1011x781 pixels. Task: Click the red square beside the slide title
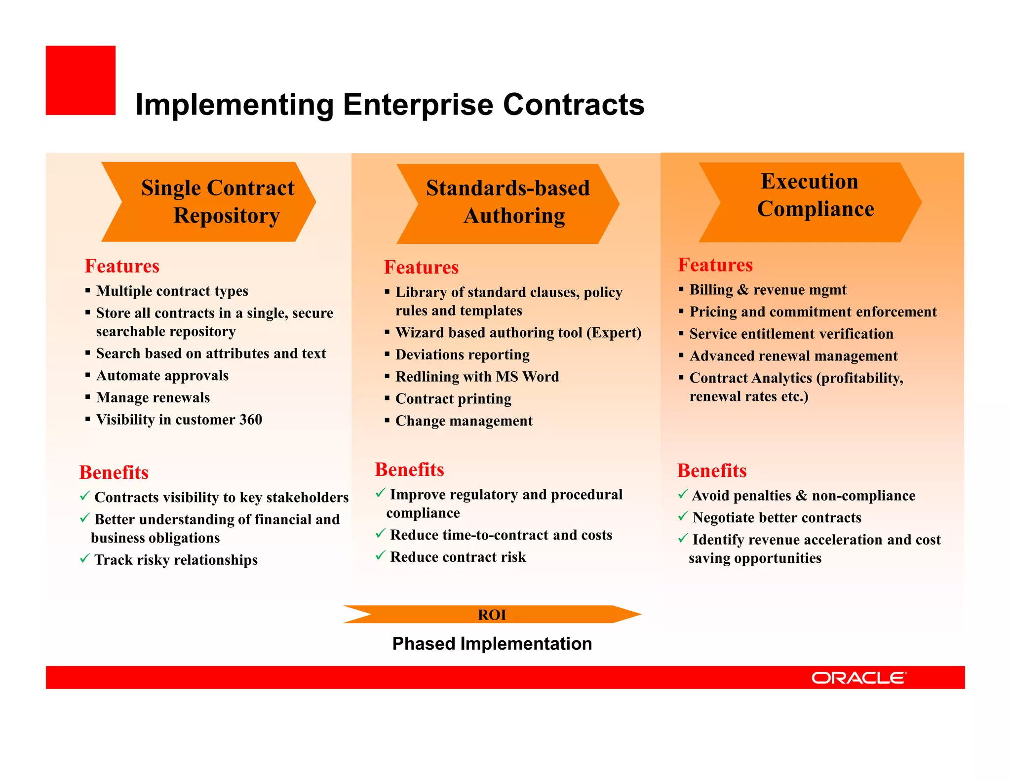pyautogui.click(x=80, y=80)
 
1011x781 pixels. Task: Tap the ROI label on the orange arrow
pyautogui.click(x=492, y=615)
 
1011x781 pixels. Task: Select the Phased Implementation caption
pyautogui.click(x=492, y=644)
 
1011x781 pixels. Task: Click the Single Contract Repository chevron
pyautogui.click(x=209, y=202)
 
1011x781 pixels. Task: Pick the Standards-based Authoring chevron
pyautogui.click(x=507, y=203)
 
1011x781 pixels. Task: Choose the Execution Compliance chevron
pyautogui.click(x=810, y=202)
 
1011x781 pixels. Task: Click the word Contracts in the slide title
pyautogui.click(x=574, y=105)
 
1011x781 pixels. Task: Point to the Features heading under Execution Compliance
pyautogui.click(x=715, y=265)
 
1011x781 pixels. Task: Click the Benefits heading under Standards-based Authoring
pyautogui.click(x=409, y=469)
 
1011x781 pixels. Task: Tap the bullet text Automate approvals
pyautogui.click(x=162, y=376)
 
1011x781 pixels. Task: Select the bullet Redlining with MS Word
pyautogui.click(x=477, y=377)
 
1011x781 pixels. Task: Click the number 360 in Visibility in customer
pyautogui.click(x=251, y=420)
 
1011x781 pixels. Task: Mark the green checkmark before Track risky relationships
pyautogui.click(x=84, y=558)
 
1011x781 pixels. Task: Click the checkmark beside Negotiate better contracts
pyautogui.click(x=683, y=516)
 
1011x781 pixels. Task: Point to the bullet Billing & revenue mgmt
pyautogui.click(x=768, y=290)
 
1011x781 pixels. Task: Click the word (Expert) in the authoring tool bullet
pyautogui.click(x=614, y=333)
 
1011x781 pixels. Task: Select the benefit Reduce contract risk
pyautogui.click(x=458, y=557)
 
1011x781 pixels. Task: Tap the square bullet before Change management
pyautogui.click(x=387, y=421)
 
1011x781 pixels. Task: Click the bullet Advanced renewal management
pyautogui.click(x=793, y=356)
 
